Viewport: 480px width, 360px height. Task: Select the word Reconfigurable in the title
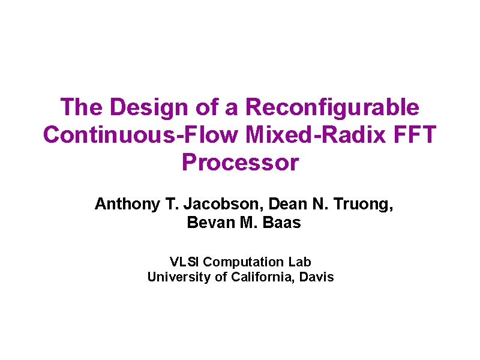click(x=332, y=107)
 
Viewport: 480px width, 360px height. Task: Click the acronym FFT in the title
click(x=415, y=134)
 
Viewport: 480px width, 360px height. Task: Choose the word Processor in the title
click(x=239, y=162)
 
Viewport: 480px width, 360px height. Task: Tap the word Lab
click(x=300, y=262)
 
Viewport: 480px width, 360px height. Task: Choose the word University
click(x=176, y=277)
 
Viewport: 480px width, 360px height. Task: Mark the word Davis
click(x=316, y=277)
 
